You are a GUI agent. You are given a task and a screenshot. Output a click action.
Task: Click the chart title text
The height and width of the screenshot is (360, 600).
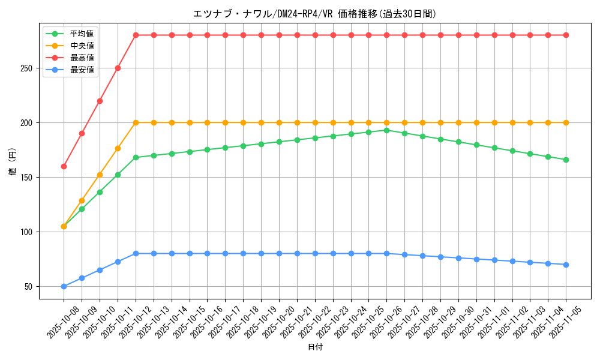[314, 14]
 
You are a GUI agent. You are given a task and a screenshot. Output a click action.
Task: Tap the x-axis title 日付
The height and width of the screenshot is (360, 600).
[314, 347]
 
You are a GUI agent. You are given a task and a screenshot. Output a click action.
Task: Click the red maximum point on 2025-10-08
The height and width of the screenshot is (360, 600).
[64, 166]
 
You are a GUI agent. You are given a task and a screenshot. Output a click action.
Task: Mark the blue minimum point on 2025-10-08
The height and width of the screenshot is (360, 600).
[64, 286]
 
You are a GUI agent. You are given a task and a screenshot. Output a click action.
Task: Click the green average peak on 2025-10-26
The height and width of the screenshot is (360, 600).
[386, 130]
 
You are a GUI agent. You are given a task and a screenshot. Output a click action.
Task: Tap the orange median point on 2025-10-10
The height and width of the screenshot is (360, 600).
[100, 175]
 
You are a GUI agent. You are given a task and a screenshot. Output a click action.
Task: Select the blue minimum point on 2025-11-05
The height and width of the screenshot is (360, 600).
[566, 265]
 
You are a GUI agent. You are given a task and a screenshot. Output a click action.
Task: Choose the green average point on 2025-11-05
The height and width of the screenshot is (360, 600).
[566, 160]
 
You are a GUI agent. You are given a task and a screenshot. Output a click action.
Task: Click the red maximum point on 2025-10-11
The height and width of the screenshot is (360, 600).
[118, 68]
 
